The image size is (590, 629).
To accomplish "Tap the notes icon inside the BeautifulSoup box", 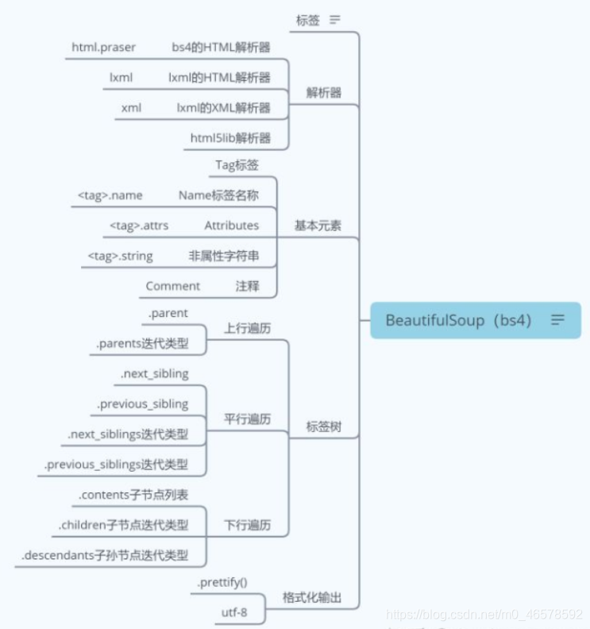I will pyautogui.click(x=558, y=320).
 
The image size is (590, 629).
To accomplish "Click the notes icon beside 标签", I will pyautogui.click(x=335, y=20).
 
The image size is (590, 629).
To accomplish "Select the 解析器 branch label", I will pyautogui.click(x=324, y=92).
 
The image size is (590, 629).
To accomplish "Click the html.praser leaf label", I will pyautogui.click(x=103, y=48).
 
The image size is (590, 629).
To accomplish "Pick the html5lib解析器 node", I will pyautogui.click(x=230, y=138).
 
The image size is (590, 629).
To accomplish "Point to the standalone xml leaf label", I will pyautogui.click(x=131, y=108).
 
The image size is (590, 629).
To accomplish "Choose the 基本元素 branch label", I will pyautogui.click(x=318, y=226).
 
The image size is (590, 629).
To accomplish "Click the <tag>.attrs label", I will pyautogui.click(x=139, y=226).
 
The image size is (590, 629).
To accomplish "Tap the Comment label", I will pyautogui.click(x=173, y=286).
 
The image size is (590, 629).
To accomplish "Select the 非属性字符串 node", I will pyautogui.click(x=223, y=256).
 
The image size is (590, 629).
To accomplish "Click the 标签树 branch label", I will pyautogui.click(x=324, y=426).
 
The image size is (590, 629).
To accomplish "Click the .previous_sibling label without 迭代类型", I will pyautogui.click(x=144, y=404).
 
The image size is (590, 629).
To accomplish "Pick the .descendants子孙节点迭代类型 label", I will pyautogui.click(x=105, y=555).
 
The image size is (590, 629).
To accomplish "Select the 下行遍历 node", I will pyautogui.click(x=246, y=525).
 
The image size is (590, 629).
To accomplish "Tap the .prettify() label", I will pyautogui.click(x=222, y=582).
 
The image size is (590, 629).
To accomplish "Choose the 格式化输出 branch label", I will pyautogui.click(x=312, y=598).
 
